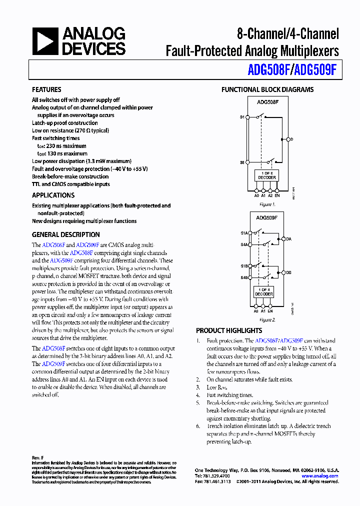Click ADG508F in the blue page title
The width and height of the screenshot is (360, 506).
pos(269,69)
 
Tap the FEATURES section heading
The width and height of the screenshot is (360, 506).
pos(46,89)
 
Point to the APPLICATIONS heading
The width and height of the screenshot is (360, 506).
pos(53,195)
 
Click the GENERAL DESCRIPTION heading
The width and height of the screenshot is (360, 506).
pos(65,234)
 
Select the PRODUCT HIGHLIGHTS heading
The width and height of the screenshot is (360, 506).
pos(228,330)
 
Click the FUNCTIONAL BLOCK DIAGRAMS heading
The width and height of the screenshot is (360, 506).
pos(267,89)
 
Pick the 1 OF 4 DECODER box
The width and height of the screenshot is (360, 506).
pos(264,292)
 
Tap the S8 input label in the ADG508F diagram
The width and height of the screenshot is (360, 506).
pos(242,162)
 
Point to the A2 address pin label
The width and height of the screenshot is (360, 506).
pos(270,195)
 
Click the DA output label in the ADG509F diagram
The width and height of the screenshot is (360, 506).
pos(288,239)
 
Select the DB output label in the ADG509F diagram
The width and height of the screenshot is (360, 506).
pos(288,272)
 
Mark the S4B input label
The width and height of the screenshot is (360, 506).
pos(243,277)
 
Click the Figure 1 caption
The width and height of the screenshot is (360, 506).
pos(266,204)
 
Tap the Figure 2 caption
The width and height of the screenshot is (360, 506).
pos(266,319)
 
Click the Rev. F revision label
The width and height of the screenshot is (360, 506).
pos(38,458)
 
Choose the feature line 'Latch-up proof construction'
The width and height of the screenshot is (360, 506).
pos(65,123)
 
